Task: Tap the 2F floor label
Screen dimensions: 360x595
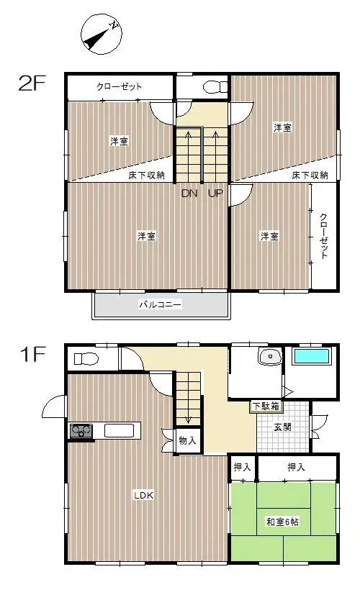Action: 32,83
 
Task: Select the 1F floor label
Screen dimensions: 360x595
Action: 32,355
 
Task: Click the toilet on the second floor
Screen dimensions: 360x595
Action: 215,88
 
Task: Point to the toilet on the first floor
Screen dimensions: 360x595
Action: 86,358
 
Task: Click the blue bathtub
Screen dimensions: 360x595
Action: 312,357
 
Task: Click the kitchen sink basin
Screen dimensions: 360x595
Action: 120,431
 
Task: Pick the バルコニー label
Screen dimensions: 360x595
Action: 161,304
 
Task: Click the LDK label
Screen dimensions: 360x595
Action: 143,495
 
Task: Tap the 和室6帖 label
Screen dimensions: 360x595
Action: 282,522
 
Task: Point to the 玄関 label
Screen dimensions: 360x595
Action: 282,427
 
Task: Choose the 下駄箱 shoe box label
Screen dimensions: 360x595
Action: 266,406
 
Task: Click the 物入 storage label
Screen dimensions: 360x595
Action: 188,440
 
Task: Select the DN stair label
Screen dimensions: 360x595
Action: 189,193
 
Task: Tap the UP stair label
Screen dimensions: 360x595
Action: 215,193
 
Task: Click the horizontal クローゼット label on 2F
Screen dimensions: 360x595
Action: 120,86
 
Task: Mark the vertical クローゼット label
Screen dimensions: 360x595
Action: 324,236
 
